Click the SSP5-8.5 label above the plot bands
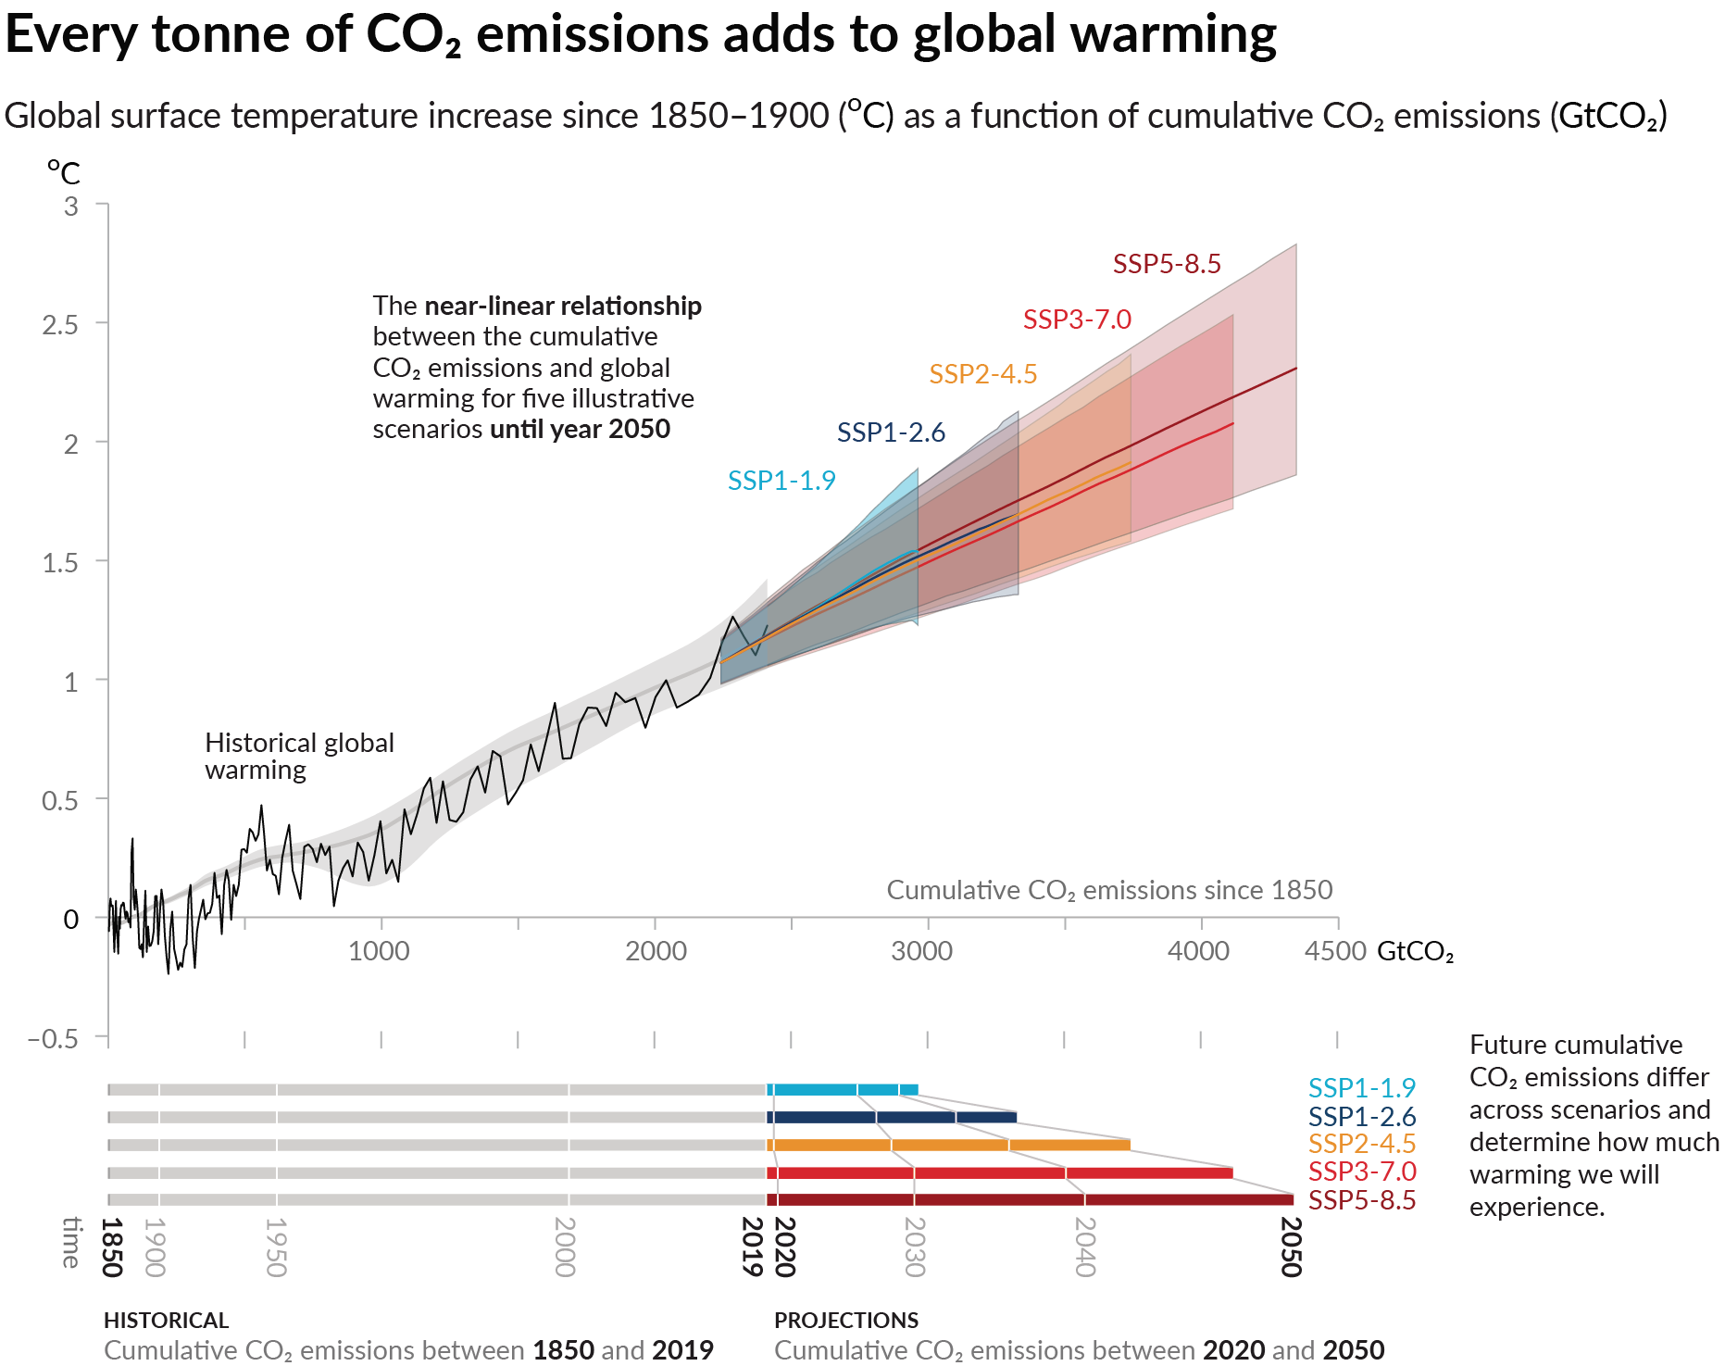click(x=1166, y=264)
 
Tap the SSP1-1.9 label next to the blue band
click(x=781, y=481)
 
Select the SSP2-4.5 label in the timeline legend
click(x=1361, y=1144)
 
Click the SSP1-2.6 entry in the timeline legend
click(x=1361, y=1116)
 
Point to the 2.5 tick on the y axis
click(x=60, y=325)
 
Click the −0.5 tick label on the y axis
click(x=53, y=1038)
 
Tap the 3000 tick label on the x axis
click(x=921, y=951)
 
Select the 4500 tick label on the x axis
click(x=1334, y=951)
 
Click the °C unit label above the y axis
click(x=64, y=172)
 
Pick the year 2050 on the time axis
click(x=1291, y=1247)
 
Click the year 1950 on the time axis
click(x=276, y=1247)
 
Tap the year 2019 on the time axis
click(x=754, y=1247)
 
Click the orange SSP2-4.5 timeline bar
click(x=948, y=1145)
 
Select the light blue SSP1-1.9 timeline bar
click(x=842, y=1089)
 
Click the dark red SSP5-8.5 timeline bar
click(x=1028, y=1199)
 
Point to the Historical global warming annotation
click(x=298, y=757)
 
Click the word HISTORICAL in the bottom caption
click(x=166, y=1320)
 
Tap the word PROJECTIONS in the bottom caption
click(x=846, y=1320)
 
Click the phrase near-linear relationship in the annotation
click(x=562, y=306)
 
